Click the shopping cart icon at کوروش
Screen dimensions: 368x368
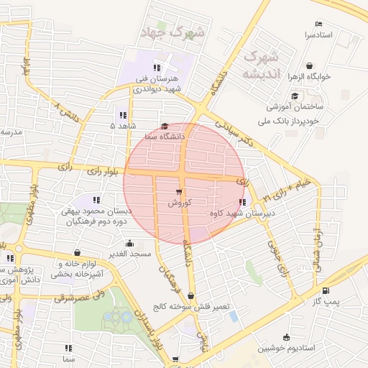tap(179, 193)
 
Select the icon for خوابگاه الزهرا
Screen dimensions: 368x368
tap(309, 65)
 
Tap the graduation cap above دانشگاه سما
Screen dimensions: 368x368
tap(165, 125)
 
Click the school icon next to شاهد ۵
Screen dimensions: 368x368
tap(122, 114)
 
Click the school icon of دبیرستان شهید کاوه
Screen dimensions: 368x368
tap(240, 203)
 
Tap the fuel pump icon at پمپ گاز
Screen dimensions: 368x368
tap(327, 291)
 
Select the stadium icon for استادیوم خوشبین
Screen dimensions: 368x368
tap(287, 337)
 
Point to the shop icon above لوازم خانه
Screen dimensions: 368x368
tap(77, 253)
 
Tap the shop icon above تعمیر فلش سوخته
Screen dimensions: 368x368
tap(190, 295)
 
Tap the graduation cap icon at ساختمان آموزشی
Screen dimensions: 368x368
tap(295, 96)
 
